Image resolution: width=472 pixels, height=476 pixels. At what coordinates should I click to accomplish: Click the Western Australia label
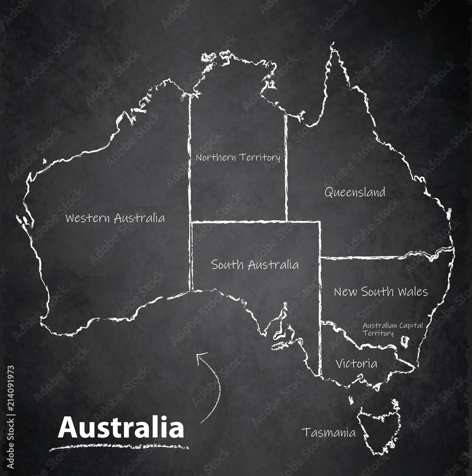click(115, 218)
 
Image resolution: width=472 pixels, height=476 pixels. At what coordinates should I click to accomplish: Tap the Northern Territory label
click(238, 157)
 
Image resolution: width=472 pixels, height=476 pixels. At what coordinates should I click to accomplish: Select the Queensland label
click(355, 192)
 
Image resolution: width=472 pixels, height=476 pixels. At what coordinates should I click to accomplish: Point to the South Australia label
click(255, 265)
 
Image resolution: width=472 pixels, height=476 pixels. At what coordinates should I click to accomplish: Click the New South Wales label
click(380, 291)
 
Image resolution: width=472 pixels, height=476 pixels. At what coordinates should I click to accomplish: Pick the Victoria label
click(356, 364)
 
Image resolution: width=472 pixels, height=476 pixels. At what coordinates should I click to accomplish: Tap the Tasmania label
click(328, 433)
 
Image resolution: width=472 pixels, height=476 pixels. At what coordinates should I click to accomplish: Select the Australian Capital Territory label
click(392, 329)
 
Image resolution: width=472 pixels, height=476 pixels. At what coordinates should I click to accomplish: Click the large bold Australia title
click(121, 427)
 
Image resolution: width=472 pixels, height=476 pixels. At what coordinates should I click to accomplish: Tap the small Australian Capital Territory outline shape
click(405, 341)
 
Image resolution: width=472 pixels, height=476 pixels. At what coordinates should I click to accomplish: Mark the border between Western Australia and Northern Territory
click(190, 157)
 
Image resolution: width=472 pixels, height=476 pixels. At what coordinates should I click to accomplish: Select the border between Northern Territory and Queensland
click(286, 167)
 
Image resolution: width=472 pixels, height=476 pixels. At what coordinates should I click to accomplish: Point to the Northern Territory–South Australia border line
click(238, 221)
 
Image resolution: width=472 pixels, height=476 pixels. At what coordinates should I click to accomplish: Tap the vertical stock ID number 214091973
click(10, 404)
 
